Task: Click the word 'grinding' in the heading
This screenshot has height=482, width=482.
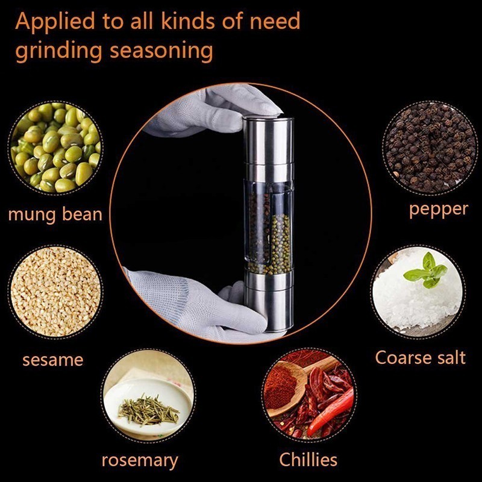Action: point(58,51)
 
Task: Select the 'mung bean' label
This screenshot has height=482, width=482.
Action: point(55,214)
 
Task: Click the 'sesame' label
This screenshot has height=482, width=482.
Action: point(53,360)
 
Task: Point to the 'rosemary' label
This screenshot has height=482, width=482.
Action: point(140,461)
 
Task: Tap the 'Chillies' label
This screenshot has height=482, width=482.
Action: point(308,460)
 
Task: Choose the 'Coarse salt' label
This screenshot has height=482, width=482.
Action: point(421,358)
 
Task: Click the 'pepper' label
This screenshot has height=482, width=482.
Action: point(439,210)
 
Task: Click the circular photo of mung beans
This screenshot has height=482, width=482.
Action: point(55,148)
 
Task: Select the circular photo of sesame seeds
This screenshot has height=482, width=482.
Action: point(55,292)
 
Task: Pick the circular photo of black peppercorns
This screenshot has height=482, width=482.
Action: point(430,148)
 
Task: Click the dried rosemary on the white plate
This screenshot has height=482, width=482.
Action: point(148,411)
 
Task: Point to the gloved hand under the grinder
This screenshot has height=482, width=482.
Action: point(197,304)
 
